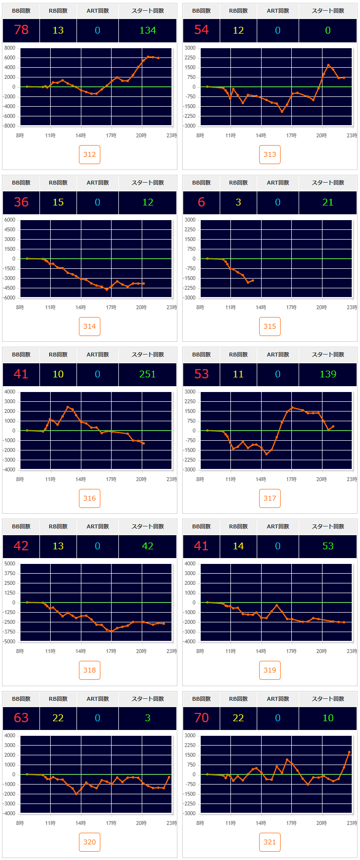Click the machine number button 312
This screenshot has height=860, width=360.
click(90, 154)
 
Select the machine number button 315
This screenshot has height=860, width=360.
click(270, 326)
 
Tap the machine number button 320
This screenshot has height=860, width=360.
click(90, 842)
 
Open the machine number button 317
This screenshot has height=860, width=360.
click(270, 498)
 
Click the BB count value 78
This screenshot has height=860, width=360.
click(21, 30)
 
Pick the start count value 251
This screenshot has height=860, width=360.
click(148, 374)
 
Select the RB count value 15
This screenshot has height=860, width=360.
click(58, 202)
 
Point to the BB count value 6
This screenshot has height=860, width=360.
click(202, 202)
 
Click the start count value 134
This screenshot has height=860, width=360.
click(148, 30)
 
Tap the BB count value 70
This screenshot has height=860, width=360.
click(202, 718)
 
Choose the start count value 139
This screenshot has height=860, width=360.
click(328, 374)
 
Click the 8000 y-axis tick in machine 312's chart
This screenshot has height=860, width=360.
click(10, 48)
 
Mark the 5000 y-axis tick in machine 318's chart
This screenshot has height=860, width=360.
click(10, 564)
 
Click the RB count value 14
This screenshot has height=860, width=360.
click(238, 546)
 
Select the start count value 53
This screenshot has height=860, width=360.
click(328, 546)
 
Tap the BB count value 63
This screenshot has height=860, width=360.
click(21, 718)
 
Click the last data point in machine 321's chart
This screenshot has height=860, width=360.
click(349, 752)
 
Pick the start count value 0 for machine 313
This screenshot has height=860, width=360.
click(328, 30)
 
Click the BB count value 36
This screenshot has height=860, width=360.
click(21, 202)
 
